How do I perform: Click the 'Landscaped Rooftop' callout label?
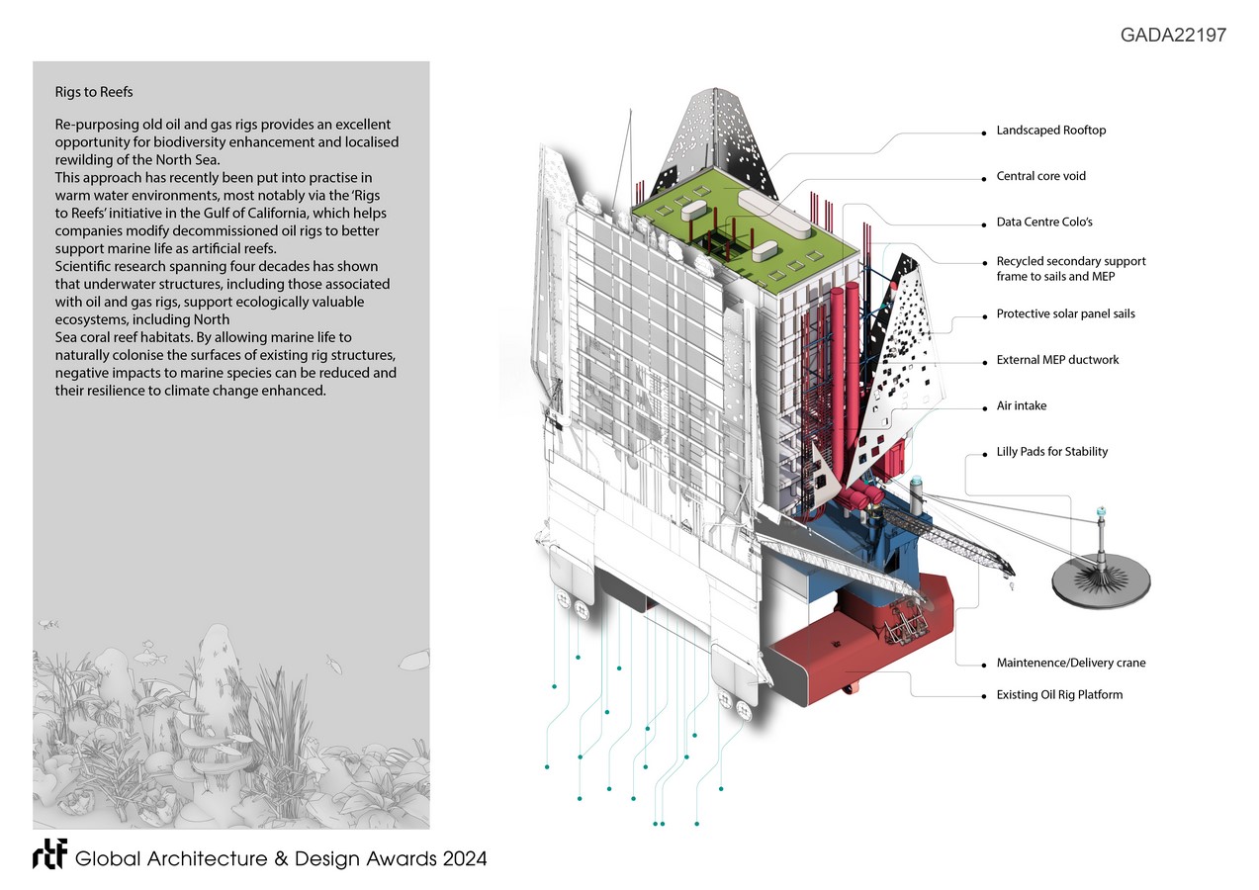[1057, 131]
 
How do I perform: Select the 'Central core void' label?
[1041, 177]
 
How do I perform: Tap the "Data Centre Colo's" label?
[1044, 222]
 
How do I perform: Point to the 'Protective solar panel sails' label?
[1065, 314]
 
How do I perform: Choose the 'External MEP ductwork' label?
[1057, 360]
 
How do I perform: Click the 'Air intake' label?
[1022, 406]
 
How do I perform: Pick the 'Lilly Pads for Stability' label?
[1051, 452]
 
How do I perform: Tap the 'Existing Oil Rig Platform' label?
[1059, 695]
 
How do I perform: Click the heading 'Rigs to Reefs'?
[94, 93]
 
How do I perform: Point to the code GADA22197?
[1173, 36]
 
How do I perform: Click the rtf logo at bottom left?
[48, 857]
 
